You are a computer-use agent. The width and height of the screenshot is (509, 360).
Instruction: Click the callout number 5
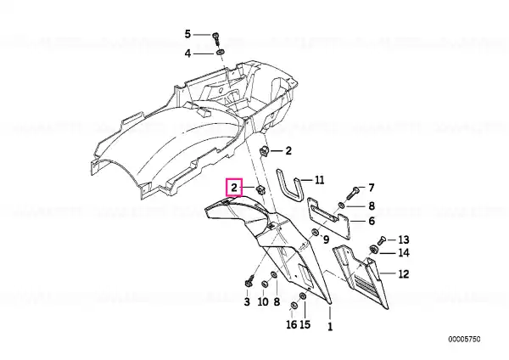pyautogui.click(x=187, y=34)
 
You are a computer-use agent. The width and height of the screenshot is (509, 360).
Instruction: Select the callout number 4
pyautogui.click(x=187, y=53)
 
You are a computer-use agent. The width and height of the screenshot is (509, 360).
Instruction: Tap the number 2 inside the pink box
pyautogui.click(x=234, y=188)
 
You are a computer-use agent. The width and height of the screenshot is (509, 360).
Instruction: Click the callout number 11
pyautogui.click(x=320, y=180)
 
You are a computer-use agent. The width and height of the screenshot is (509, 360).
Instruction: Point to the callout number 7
pyautogui.click(x=372, y=188)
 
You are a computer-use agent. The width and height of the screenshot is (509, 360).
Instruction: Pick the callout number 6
pyautogui.click(x=372, y=221)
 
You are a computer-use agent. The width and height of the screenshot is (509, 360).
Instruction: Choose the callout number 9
pyautogui.click(x=326, y=239)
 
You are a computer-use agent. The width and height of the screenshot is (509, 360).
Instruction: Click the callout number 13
pyautogui.click(x=404, y=239)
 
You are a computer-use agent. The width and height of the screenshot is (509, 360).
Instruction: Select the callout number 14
pyautogui.click(x=404, y=252)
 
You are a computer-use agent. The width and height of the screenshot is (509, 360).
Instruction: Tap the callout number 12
pyautogui.click(x=404, y=274)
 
